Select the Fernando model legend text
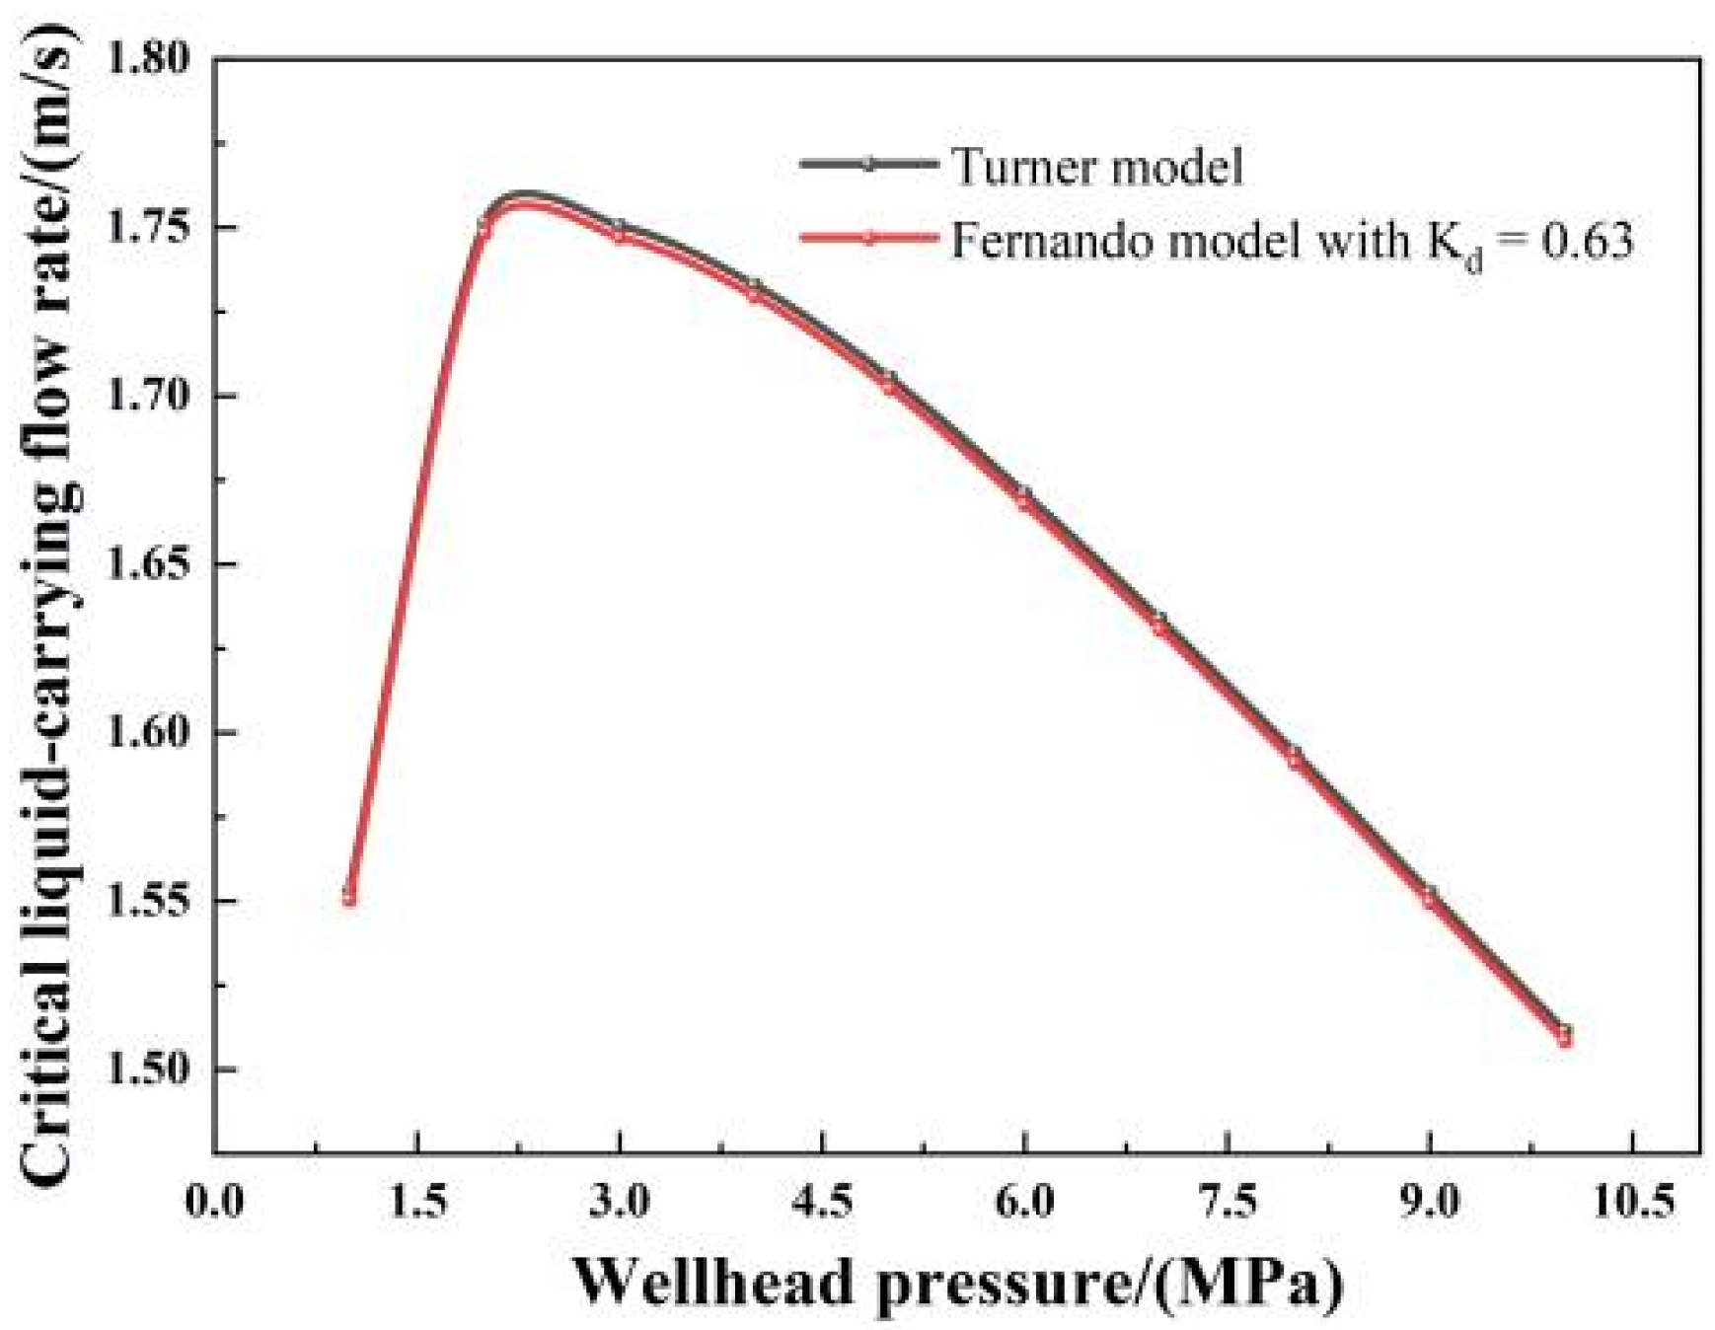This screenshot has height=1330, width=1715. click(x=1291, y=240)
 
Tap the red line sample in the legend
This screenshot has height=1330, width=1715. click(x=868, y=238)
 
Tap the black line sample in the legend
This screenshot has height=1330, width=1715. click(x=868, y=164)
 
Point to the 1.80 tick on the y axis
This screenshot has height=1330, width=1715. click(x=149, y=59)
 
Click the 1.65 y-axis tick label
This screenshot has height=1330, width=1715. click(x=149, y=564)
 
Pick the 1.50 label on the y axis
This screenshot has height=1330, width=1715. click(x=149, y=1070)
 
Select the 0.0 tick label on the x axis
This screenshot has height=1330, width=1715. click(x=214, y=1201)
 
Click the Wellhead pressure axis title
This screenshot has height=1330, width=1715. click(x=958, y=1282)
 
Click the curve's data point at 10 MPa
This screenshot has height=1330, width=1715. click(x=1564, y=1036)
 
